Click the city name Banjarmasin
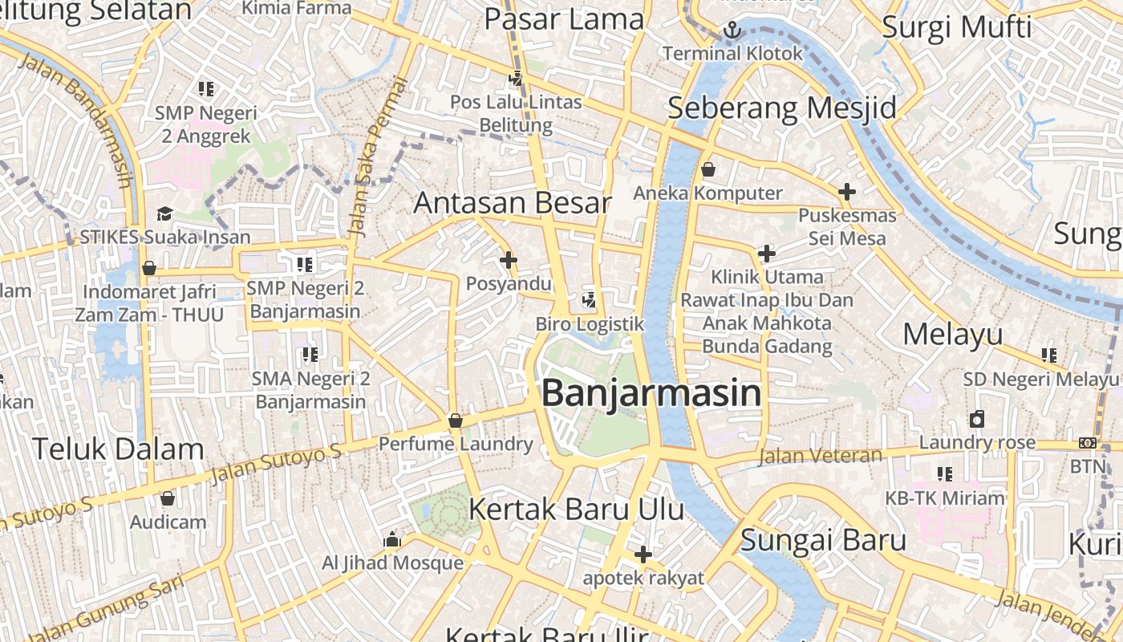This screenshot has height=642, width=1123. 651,394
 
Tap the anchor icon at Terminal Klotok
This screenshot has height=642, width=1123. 732,30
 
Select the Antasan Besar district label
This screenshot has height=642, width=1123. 513,202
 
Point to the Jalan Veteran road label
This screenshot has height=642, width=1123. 820,457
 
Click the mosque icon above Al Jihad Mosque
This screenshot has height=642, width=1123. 392,539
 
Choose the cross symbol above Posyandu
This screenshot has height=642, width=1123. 508,260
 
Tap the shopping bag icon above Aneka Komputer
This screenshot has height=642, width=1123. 707,169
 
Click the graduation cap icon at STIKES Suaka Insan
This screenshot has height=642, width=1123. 164,213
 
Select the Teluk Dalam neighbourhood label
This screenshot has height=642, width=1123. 118,449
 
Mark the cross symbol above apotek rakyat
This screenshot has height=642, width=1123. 643,555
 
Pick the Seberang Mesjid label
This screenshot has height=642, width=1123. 781,108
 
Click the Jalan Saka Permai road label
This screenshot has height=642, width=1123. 379,156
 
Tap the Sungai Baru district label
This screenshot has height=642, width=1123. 823,540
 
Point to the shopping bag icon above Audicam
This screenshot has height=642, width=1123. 167,498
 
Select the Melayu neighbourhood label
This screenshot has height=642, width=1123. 953,334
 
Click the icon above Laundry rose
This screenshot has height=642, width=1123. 976,419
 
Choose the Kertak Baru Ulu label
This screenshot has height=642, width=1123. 576,509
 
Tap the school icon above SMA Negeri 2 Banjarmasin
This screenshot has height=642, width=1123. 310,354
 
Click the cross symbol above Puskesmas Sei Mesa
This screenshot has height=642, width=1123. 846,192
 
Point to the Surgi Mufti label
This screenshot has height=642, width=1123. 956,27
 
